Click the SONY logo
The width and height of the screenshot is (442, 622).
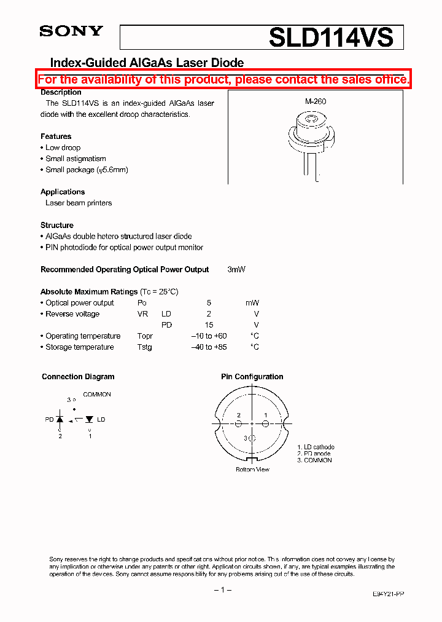(71, 31)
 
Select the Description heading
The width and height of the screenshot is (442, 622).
(61, 92)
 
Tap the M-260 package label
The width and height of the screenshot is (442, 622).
(315, 102)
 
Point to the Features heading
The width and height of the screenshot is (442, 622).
(56, 136)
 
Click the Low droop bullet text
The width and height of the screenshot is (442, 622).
(63, 148)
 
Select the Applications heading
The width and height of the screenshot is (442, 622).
(63, 192)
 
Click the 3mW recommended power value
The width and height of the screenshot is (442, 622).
(236, 270)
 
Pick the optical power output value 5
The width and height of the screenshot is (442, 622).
(209, 303)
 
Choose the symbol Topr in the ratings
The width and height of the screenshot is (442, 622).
(145, 336)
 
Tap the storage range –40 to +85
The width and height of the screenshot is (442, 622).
(209, 347)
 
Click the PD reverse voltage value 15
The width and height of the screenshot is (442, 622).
(209, 325)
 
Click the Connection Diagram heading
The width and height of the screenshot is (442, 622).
(78, 377)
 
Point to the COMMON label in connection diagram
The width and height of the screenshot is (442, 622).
(97, 395)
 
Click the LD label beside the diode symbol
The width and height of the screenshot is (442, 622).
(101, 419)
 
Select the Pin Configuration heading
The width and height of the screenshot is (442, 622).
(252, 377)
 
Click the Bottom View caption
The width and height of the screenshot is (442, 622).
(252, 470)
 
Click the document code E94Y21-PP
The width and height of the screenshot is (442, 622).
(388, 594)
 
